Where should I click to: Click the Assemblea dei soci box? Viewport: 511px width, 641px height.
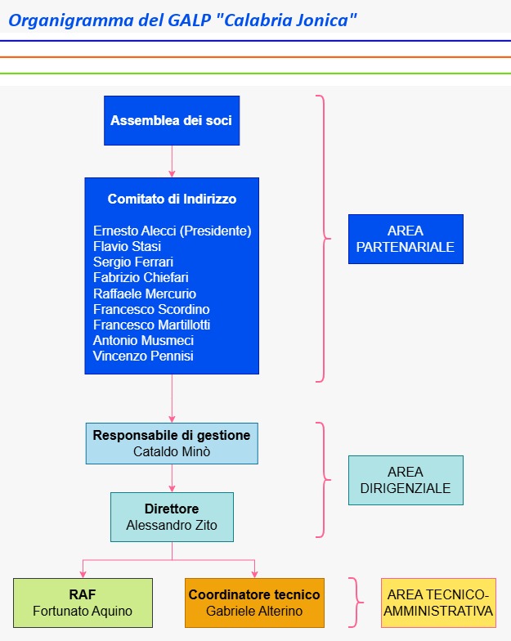coord(172,120)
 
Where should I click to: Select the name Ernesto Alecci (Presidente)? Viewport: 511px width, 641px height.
coord(172,231)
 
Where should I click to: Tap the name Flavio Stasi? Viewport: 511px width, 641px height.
coord(128,246)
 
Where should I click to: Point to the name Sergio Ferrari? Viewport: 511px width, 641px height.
coord(133,262)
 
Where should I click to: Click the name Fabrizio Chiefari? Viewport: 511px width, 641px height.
coord(141,277)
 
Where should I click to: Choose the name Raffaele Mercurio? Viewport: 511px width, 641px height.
coord(145,294)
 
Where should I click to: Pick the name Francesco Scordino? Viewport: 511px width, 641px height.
coord(151,309)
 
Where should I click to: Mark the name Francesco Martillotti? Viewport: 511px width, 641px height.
coord(152,325)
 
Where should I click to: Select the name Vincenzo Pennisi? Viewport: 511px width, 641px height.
coord(143,356)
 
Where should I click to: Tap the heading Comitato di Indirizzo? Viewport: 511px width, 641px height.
coord(172,199)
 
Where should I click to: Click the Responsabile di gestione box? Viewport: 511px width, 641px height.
coord(172,443)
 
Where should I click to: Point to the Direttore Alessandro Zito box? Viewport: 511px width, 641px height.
coord(172,517)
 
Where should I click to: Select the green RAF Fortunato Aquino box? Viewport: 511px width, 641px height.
coord(83,603)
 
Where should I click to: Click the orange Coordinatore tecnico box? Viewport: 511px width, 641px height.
coord(254,603)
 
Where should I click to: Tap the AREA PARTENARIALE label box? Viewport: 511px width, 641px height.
coord(406,239)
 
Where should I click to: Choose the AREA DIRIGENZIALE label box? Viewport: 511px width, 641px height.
coord(406,480)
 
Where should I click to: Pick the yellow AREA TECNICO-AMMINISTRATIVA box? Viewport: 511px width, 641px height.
coord(438,603)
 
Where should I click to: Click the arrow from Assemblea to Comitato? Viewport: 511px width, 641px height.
coord(172,161)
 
